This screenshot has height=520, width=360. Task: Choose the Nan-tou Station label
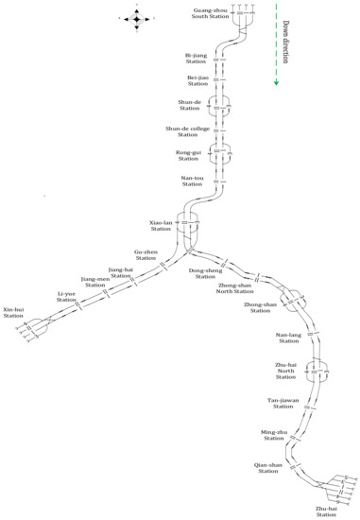click(192, 180)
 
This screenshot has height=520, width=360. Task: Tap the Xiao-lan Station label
click(160, 225)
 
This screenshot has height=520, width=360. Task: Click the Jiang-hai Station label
click(122, 272)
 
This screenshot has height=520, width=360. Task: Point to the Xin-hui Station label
click(13, 312)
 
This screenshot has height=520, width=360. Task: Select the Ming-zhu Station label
click(273, 435)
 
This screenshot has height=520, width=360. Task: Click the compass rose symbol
click(136, 18)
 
